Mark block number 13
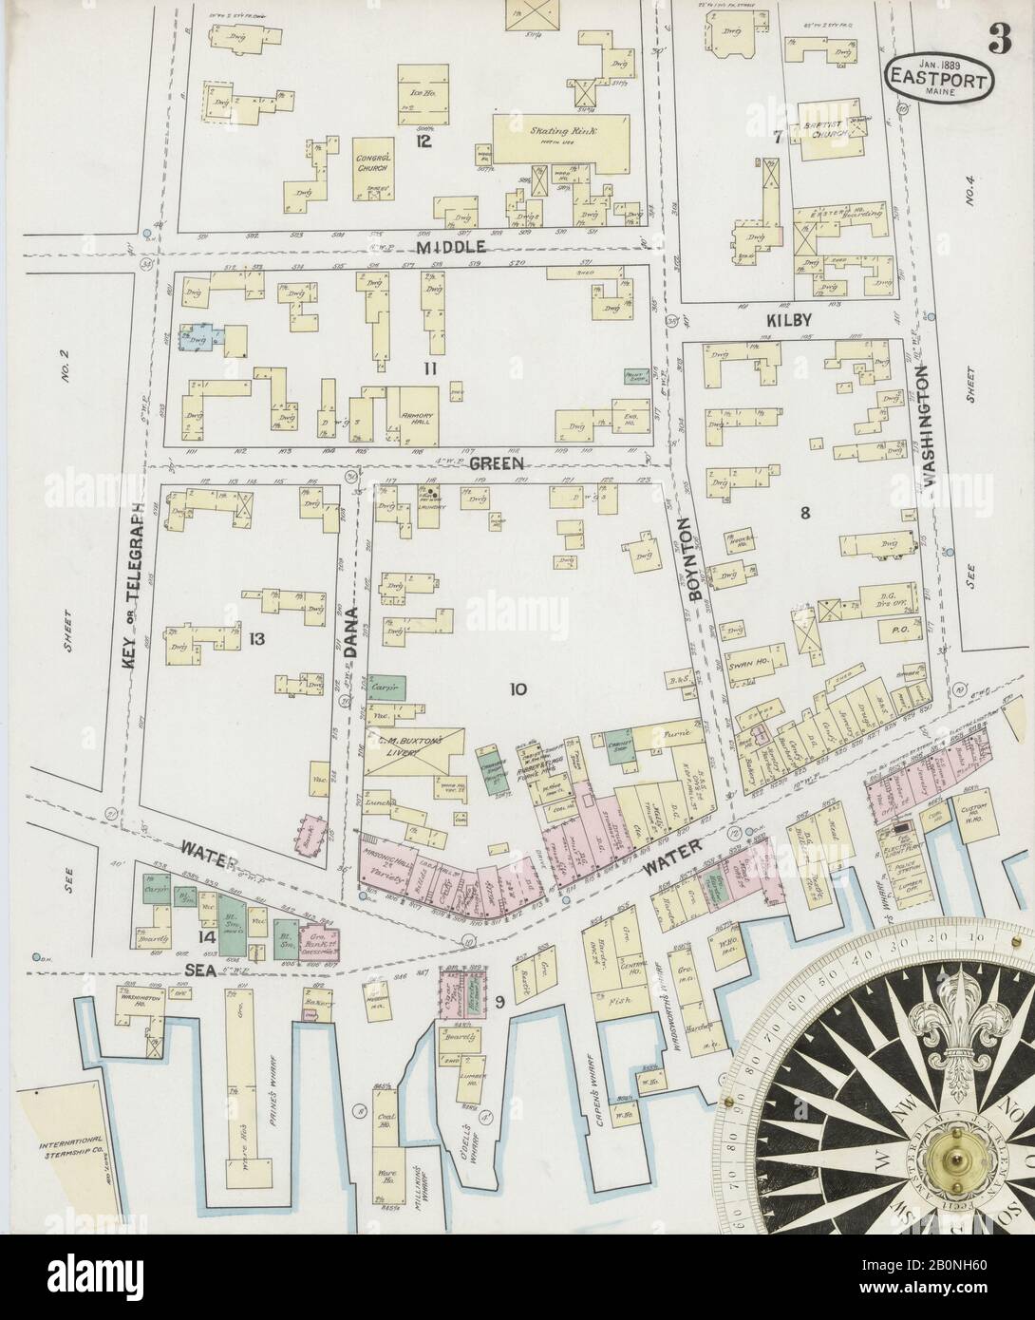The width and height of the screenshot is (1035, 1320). (255, 638)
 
